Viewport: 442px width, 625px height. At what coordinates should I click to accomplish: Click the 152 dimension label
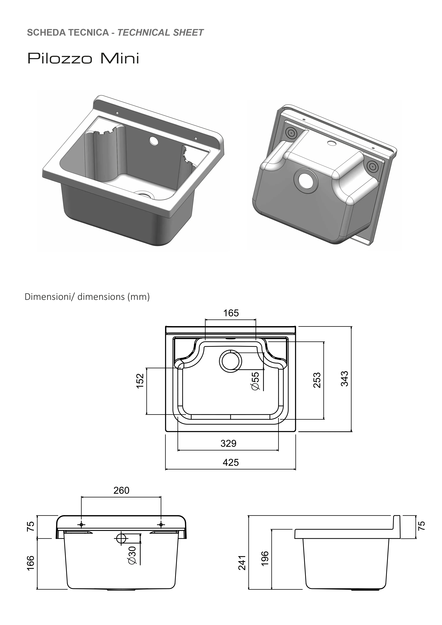coord(140,381)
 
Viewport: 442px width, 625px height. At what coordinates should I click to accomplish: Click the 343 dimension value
coord(345,379)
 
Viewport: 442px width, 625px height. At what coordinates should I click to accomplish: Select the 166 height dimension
coord(31,565)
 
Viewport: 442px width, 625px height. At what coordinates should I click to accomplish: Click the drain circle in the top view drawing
coord(230,361)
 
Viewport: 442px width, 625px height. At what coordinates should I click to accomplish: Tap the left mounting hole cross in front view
coord(81,525)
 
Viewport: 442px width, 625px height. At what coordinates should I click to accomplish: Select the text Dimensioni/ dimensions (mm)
coord(87,297)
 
